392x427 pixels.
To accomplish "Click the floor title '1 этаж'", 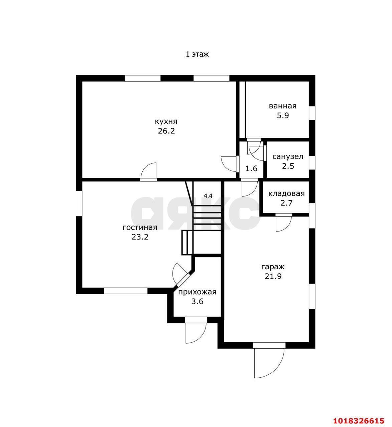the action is pos(197,54).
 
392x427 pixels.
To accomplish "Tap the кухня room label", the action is pos(166,121).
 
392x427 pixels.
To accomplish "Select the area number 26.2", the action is pos(166,131).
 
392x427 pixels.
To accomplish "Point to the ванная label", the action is pos(283,106).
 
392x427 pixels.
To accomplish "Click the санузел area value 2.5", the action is pos(288,166).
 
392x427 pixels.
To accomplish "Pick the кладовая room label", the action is pos(286,193).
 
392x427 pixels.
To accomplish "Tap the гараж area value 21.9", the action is pos(273,276).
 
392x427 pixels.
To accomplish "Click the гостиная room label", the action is pos(140,228).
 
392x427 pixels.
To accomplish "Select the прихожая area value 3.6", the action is pos(197,302).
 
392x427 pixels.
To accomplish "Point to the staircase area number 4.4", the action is pos(208,196).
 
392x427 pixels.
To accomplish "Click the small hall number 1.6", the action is pos(251,169).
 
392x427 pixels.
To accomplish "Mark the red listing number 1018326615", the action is pos(359,420).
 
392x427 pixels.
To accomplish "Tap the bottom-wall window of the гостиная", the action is pos(126,291).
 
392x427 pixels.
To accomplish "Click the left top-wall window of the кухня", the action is pos(142,78).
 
